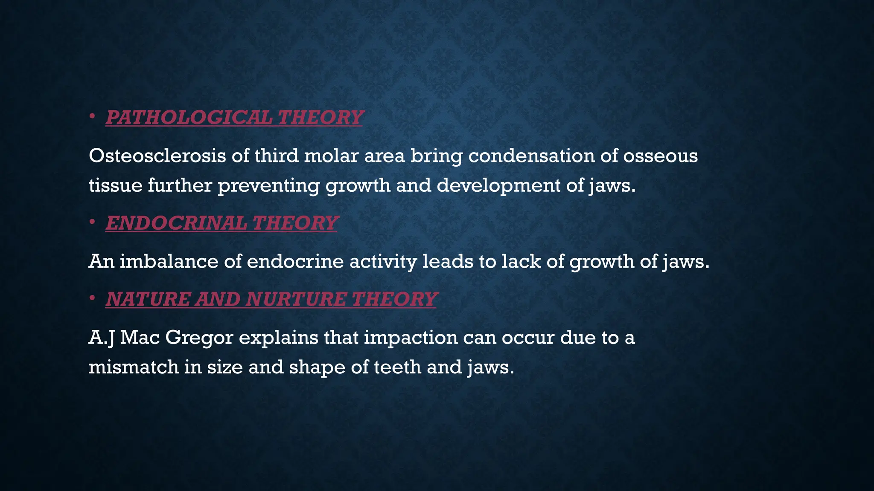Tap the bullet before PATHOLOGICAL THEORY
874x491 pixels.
(x=92, y=116)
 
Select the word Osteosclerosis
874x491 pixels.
(x=157, y=156)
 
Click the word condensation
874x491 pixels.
(x=531, y=156)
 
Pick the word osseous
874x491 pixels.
(x=660, y=156)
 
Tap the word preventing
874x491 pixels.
(x=269, y=186)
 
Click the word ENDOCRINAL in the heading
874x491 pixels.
(x=176, y=223)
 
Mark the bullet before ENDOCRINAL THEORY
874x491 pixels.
(x=92, y=222)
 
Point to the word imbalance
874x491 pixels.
(x=169, y=261)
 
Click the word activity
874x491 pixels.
(x=383, y=261)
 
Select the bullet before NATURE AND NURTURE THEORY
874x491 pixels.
(x=92, y=298)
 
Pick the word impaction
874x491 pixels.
(x=411, y=338)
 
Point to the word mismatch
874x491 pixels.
(x=133, y=367)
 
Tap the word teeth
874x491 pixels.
(x=397, y=367)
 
